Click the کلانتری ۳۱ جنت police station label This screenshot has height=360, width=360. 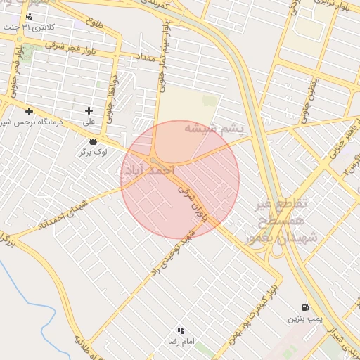[48, 27]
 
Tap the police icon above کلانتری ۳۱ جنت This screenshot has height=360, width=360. [28, 16]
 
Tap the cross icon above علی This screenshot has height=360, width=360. [89, 110]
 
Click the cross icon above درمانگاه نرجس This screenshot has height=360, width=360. [29, 111]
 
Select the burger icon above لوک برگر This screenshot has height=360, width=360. [93, 141]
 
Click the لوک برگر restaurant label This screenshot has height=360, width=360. [93, 152]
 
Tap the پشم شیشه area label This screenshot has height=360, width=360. [213, 129]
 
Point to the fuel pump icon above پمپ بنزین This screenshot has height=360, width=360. [304, 307]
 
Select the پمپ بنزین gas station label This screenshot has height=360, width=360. [304, 319]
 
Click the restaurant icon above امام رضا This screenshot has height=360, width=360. [181, 330]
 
